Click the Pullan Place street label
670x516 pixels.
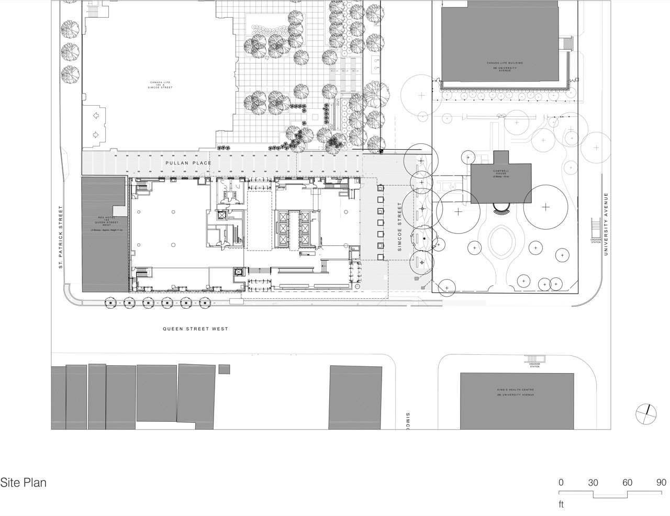(188, 163)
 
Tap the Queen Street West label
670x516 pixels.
(195, 329)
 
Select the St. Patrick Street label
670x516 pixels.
(61, 237)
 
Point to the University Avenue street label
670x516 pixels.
(607, 224)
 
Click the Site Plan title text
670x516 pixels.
(24, 483)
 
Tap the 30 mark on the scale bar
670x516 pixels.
(593, 483)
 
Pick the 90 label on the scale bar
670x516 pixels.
(662, 483)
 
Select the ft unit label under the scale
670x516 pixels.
(561, 505)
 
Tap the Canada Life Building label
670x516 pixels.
(505, 65)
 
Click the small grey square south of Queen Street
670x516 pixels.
(224, 369)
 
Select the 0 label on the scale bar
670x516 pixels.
(561, 483)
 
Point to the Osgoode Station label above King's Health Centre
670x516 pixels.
(534, 365)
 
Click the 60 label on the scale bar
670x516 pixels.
(627, 483)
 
